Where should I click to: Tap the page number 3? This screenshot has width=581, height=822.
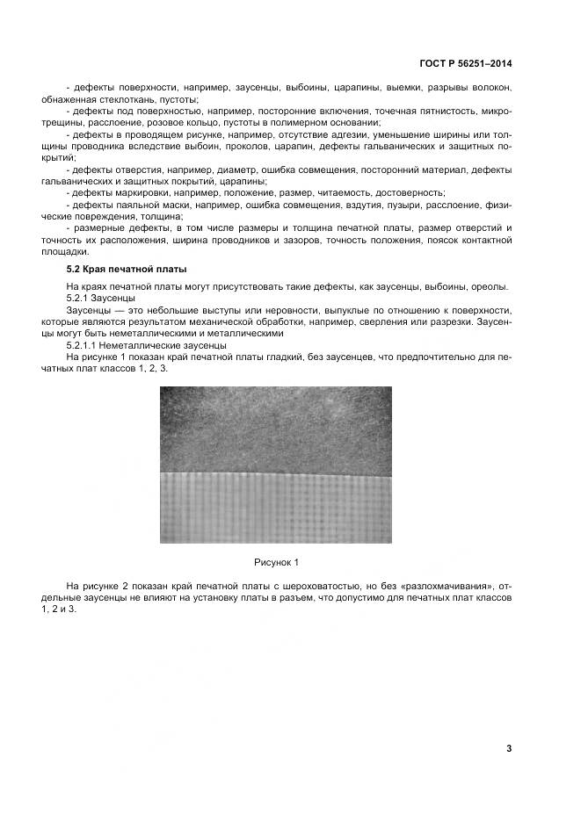509,748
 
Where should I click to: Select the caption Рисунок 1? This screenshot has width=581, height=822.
276,561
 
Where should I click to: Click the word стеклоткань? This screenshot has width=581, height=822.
134,100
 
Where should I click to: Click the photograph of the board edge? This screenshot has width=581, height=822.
276,465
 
